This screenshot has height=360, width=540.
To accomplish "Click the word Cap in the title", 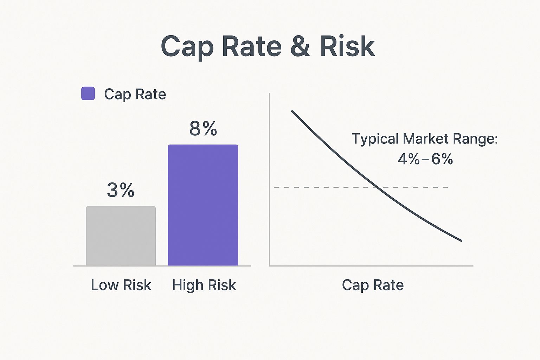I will tap(187, 47).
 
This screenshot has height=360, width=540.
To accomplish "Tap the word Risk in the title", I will tap(347, 47).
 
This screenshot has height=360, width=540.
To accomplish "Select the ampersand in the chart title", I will tap(300, 47).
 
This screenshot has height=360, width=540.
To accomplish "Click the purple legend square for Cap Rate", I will tap(88, 94).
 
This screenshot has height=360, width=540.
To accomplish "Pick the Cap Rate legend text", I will tap(135, 94).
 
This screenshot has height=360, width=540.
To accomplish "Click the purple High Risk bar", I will tap(203, 205).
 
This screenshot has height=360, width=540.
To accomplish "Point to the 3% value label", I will tap(121, 190).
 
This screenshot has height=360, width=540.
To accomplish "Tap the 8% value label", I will tap(203, 129).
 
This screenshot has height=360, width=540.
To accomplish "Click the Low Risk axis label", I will tap(121, 285).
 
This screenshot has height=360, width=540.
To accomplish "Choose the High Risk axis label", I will tap(204, 285).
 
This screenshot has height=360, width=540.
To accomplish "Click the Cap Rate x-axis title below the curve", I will tap(373, 285).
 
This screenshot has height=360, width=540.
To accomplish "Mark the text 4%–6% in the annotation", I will tap(425, 159).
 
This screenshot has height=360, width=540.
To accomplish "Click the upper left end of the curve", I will tap(292, 111).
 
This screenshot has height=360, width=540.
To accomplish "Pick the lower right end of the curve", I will tap(461, 241).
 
